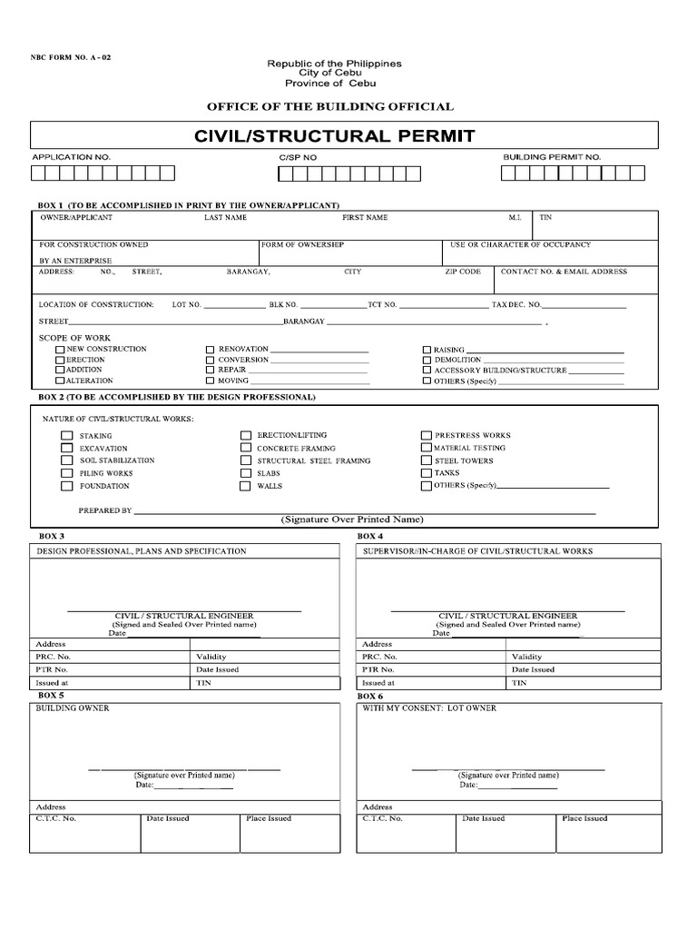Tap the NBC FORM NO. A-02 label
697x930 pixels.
71,57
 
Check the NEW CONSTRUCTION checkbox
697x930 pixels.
60,350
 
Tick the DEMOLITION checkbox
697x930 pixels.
427,360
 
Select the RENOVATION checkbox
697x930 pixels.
210,350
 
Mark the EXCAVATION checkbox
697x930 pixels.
66,449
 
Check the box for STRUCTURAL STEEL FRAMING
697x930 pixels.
245,461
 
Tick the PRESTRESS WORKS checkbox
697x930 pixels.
427,436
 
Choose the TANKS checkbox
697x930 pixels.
427,473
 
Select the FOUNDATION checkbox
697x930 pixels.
66,486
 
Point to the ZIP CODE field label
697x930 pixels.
463,272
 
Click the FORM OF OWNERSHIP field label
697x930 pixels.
302,245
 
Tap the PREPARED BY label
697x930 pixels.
105,510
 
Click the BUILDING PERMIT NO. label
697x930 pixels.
552,157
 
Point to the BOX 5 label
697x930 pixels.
50,695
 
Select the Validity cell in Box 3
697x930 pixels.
211,657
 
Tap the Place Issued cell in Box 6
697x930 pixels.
584,818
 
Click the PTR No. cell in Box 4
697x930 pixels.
379,669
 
